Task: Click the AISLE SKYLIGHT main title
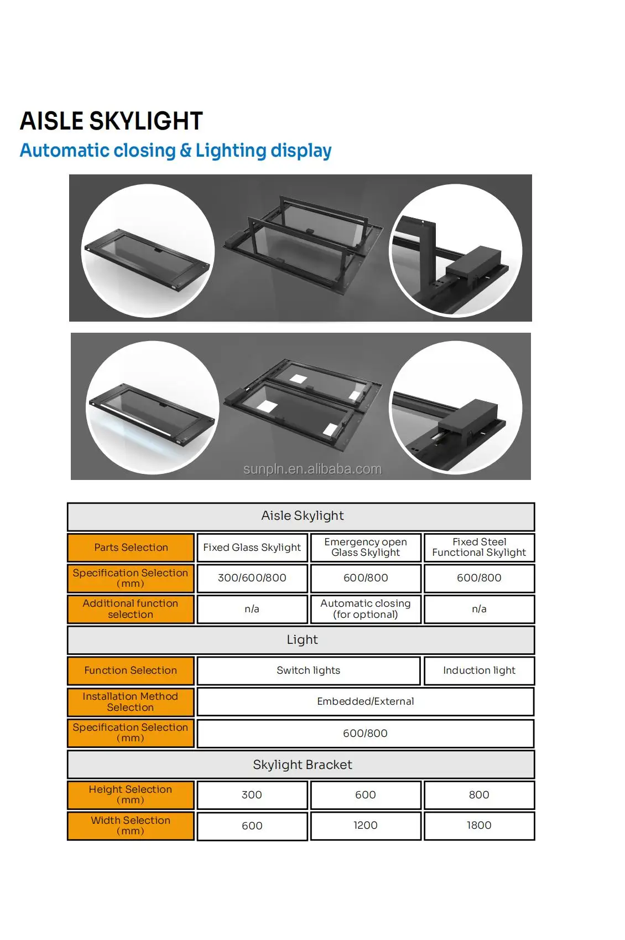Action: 111,121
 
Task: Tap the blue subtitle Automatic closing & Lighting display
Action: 175,151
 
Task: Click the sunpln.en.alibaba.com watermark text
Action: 312,469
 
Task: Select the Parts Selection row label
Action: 131,548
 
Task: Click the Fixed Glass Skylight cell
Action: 252,548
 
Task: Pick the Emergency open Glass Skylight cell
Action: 366,548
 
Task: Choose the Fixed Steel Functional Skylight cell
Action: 479,548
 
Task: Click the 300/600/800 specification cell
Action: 252,578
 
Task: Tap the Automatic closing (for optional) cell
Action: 366,609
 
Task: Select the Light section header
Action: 301,640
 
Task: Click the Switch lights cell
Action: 308,670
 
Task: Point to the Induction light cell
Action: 479,670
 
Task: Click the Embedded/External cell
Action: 365,701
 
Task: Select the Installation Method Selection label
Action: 131,702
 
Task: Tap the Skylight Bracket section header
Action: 301,765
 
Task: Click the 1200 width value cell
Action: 366,825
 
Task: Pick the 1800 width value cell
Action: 479,825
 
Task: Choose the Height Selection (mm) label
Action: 131,795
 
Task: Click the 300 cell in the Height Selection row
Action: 252,795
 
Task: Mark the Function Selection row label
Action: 131,670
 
